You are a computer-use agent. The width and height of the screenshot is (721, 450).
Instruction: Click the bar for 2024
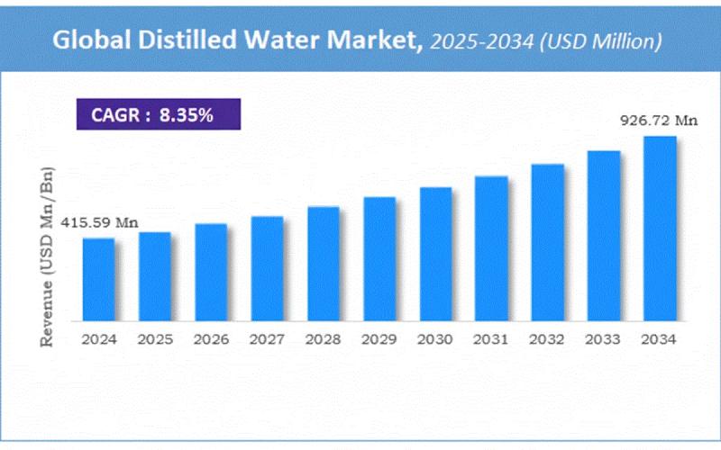[99, 279]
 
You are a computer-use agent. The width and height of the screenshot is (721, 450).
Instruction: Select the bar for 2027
[267, 268]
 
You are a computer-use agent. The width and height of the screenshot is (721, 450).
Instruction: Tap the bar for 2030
[435, 254]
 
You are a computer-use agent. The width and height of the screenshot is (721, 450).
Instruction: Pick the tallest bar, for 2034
[660, 229]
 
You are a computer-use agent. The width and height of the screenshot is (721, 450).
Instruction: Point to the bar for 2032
[547, 242]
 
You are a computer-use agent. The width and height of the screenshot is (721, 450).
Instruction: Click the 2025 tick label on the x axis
[155, 339]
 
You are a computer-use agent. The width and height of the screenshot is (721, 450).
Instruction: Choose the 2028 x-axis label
[323, 339]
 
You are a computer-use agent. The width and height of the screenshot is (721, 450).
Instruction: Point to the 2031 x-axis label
[491, 339]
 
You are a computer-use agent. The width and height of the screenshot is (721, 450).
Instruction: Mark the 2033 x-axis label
[604, 339]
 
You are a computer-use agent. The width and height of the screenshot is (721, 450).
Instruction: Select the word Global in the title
[87, 40]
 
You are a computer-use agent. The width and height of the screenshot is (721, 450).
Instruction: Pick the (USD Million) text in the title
[604, 40]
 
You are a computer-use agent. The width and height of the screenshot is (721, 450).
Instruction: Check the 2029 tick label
[379, 339]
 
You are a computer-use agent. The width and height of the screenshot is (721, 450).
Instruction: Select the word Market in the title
[373, 40]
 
